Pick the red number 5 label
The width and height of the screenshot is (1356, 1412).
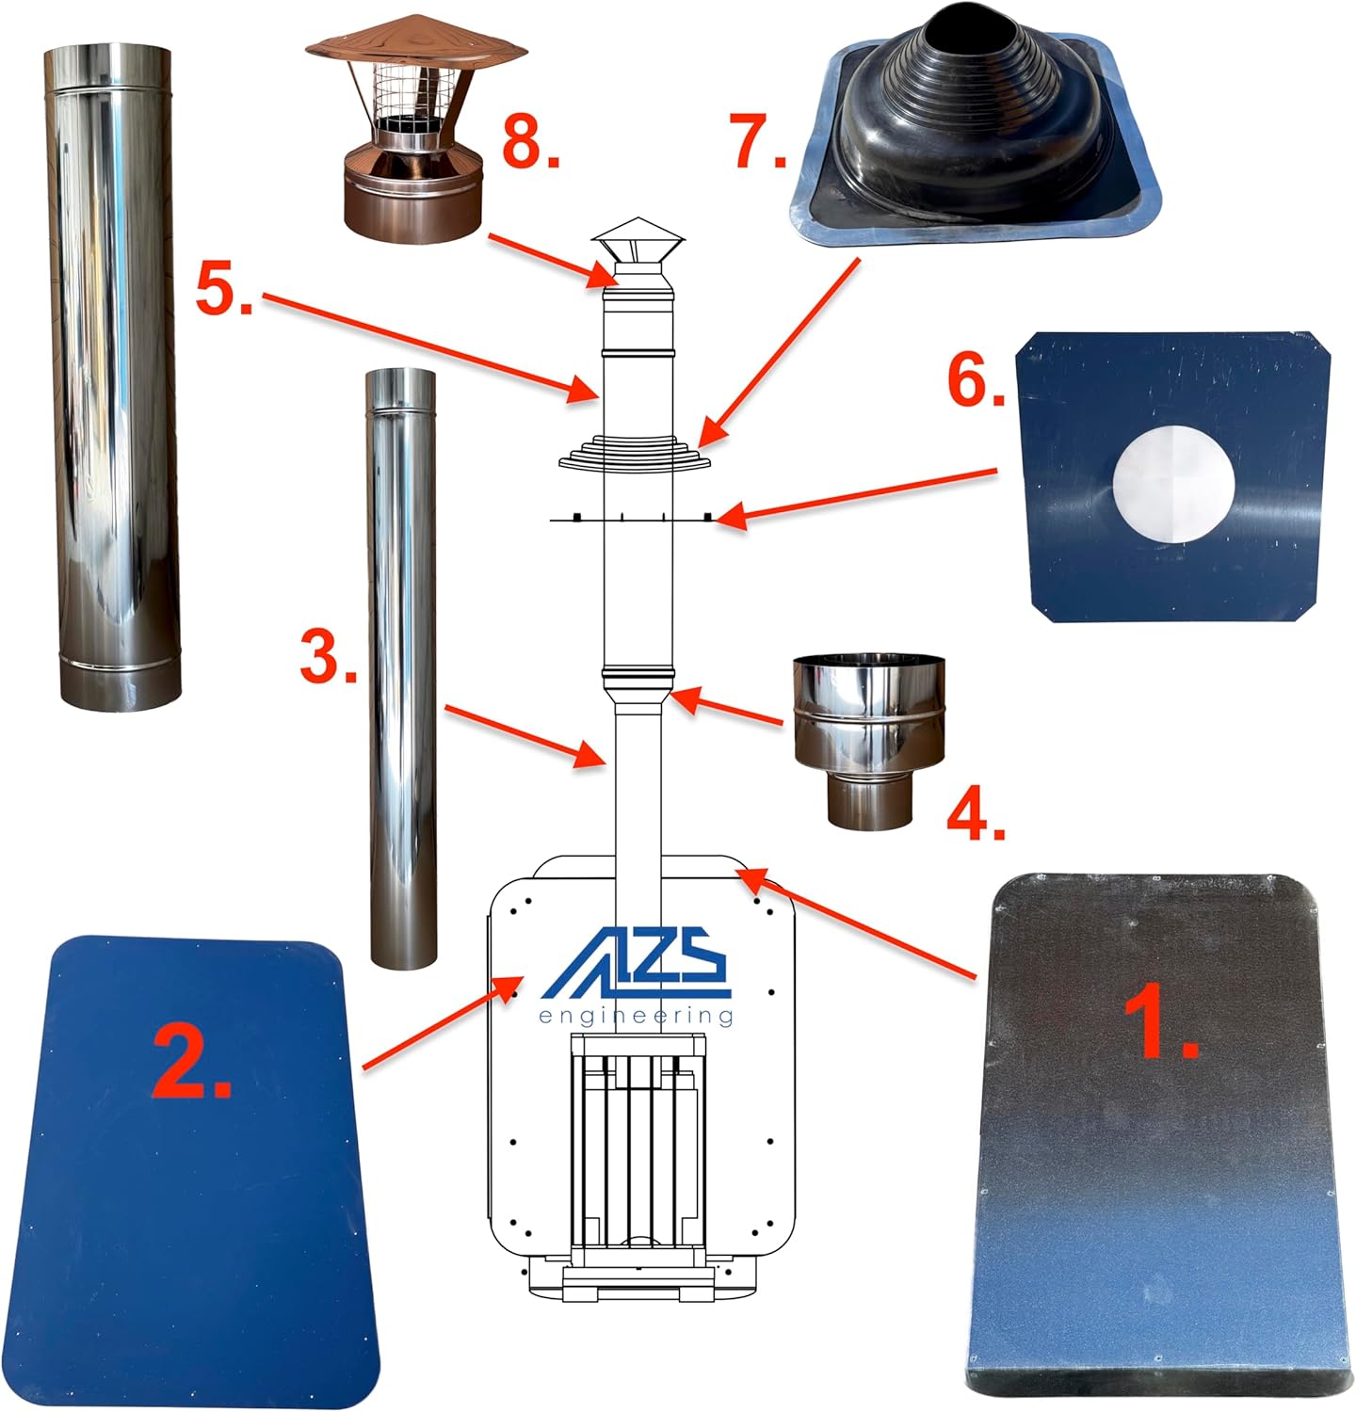(x=224, y=288)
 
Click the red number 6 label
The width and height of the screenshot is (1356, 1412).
(x=977, y=382)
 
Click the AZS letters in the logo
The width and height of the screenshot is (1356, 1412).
(x=637, y=964)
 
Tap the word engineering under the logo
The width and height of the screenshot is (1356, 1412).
(x=636, y=1016)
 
